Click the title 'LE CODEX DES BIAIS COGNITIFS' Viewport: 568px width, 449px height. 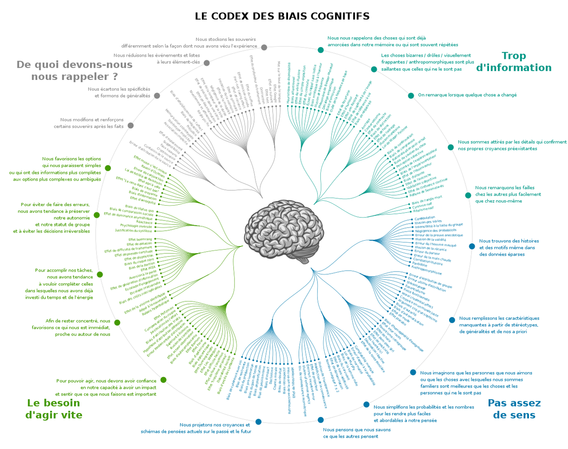[x=282, y=16]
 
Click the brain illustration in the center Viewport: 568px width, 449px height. [x=284, y=229]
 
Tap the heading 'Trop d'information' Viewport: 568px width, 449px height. [x=514, y=62]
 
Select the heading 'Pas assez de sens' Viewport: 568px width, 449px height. [x=514, y=409]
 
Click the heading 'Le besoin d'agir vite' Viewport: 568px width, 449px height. [x=54, y=409]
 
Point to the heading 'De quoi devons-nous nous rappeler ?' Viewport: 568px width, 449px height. [x=74, y=70]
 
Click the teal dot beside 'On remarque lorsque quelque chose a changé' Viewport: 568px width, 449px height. [x=411, y=96]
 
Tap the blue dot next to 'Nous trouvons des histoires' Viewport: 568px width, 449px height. [x=472, y=247]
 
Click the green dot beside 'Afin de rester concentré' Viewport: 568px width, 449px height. [x=117, y=322]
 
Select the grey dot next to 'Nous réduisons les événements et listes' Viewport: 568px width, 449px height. [x=207, y=62]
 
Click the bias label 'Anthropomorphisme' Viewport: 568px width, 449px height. [x=426, y=270]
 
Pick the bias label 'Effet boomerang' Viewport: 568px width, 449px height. [x=140, y=239]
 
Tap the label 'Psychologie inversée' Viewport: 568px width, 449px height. [x=136, y=226]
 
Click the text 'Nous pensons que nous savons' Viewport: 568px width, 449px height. [x=357, y=430]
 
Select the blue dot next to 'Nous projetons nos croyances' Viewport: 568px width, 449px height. [x=258, y=422]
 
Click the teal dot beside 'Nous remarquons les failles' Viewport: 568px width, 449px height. [x=468, y=195]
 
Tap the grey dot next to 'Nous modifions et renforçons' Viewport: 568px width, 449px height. [x=131, y=126]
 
